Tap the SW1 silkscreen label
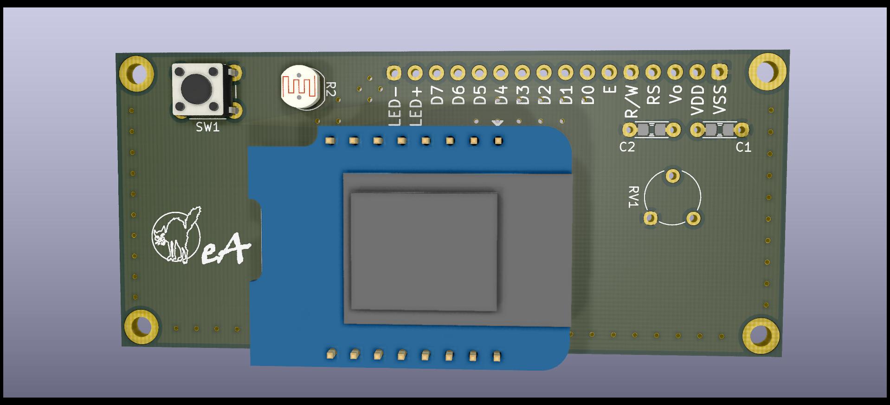[207, 127]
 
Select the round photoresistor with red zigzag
[301, 86]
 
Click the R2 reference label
[330, 89]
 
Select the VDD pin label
[697, 99]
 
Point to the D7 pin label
[437, 96]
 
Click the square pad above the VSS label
[719, 72]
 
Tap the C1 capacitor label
[743, 147]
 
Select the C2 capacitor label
[627, 147]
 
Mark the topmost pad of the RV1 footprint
[672, 176]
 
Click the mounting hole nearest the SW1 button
[136, 73]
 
